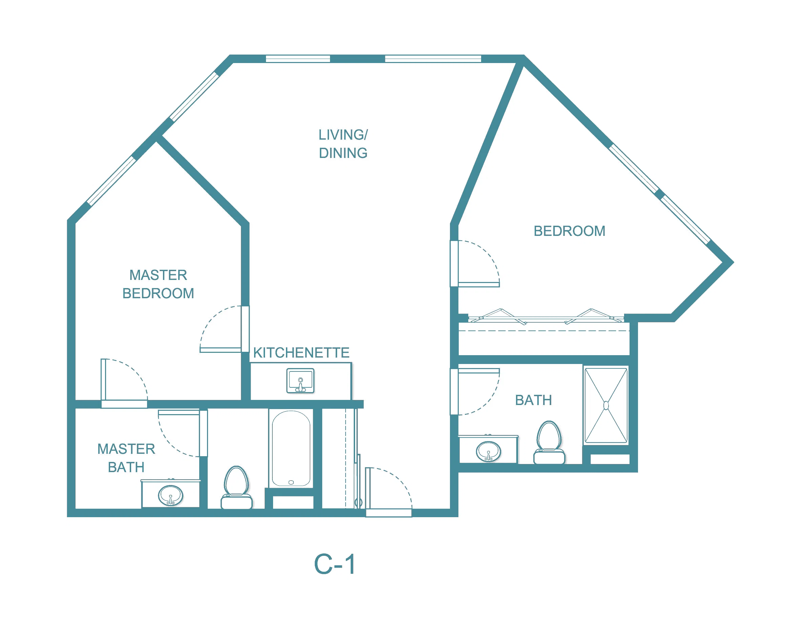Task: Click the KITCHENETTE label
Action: (x=301, y=352)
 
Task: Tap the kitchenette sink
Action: (x=301, y=381)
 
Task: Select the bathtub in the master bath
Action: (x=291, y=448)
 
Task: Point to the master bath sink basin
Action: (x=171, y=495)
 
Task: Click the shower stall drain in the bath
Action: (x=606, y=406)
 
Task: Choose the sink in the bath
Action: (x=488, y=451)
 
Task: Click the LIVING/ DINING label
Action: (x=343, y=144)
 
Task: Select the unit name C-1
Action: (x=335, y=564)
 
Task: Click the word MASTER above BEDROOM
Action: (x=158, y=275)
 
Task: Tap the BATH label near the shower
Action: (x=534, y=400)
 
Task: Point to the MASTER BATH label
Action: (x=126, y=458)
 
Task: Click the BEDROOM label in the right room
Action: (x=570, y=231)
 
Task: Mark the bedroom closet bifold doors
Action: (x=545, y=317)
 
